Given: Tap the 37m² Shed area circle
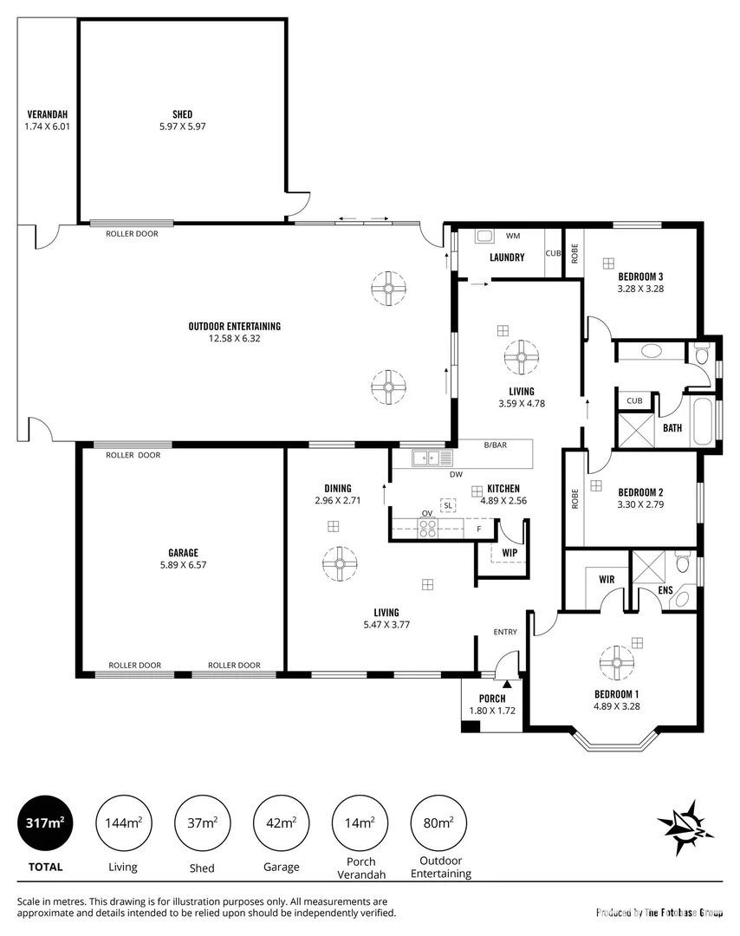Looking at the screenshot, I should point(203,822).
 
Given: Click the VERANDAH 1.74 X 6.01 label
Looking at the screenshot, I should point(47,120).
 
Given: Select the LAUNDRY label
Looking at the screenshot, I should point(507,257).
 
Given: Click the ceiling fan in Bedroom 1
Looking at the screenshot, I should point(617,663).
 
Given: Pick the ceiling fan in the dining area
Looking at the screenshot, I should point(339,564).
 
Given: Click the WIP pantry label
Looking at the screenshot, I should point(510,551).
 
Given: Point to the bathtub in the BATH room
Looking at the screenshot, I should point(704,420).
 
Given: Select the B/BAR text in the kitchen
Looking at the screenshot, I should point(496,445).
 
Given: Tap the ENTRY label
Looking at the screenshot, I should point(505,632).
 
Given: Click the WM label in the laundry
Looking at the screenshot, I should point(512,236).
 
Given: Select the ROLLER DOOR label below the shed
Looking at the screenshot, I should point(132,234).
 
